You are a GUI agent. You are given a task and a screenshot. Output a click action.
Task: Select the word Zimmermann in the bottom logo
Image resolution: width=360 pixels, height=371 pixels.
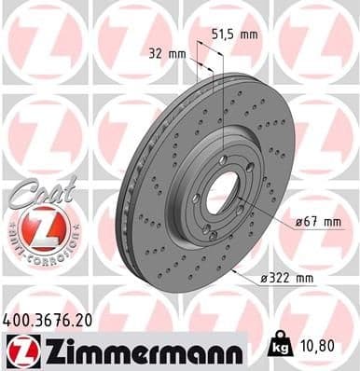tap(132, 350)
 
